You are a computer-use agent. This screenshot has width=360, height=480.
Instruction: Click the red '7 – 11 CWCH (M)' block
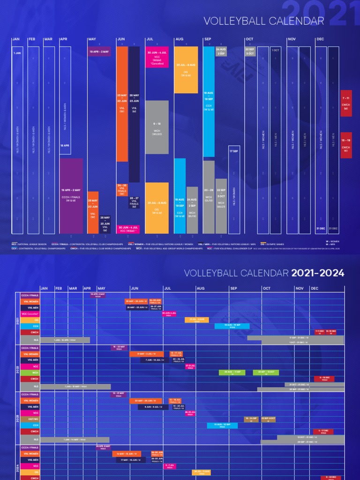pyautogui.click(x=345, y=103)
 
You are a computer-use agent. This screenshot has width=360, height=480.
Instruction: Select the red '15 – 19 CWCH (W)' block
pyautogui.click(x=345, y=145)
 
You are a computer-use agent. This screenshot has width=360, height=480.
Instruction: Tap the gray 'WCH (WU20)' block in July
pyautogui.click(x=157, y=127)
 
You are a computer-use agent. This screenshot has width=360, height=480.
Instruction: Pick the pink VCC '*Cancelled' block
pyautogui.click(x=157, y=58)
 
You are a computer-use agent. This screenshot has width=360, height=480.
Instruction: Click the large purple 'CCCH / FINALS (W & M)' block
pyautogui.click(x=71, y=195)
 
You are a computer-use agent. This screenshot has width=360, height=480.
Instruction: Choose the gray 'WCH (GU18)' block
pyautogui.click(x=209, y=197)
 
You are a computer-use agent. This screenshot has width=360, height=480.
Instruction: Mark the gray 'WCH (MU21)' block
pyautogui.click(x=221, y=205)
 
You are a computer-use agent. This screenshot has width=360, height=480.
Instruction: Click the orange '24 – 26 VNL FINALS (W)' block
pyautogui.click(x=122, y=189)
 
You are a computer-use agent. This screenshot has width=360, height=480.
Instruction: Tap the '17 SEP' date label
pyautogui.click(x=233, y=151)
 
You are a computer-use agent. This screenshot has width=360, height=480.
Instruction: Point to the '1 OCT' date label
pyautogui.click(x=276, y=50)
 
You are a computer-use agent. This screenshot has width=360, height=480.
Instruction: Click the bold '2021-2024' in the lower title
pyautogui.click(x=317, y=273)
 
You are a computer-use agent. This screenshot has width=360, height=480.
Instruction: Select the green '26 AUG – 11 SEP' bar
pyautogui.click(x=232, y=372)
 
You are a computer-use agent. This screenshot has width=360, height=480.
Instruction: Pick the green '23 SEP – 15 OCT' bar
pyautogui.click(x=266, y=372)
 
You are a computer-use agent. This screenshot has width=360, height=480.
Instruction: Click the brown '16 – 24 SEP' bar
pyautogui.click(x=251, y=419)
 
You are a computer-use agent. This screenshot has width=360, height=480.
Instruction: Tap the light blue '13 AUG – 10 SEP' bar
pyautogui.click(x=222, y=425)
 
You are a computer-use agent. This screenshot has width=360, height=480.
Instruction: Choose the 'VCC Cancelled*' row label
pyautogui.click(x=30, y=314)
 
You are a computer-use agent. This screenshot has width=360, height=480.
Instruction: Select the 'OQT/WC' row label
pyautogui.click(x=30, y=419)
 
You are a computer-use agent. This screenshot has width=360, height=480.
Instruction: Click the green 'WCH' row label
pyautogui.click(x=30, y=372)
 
